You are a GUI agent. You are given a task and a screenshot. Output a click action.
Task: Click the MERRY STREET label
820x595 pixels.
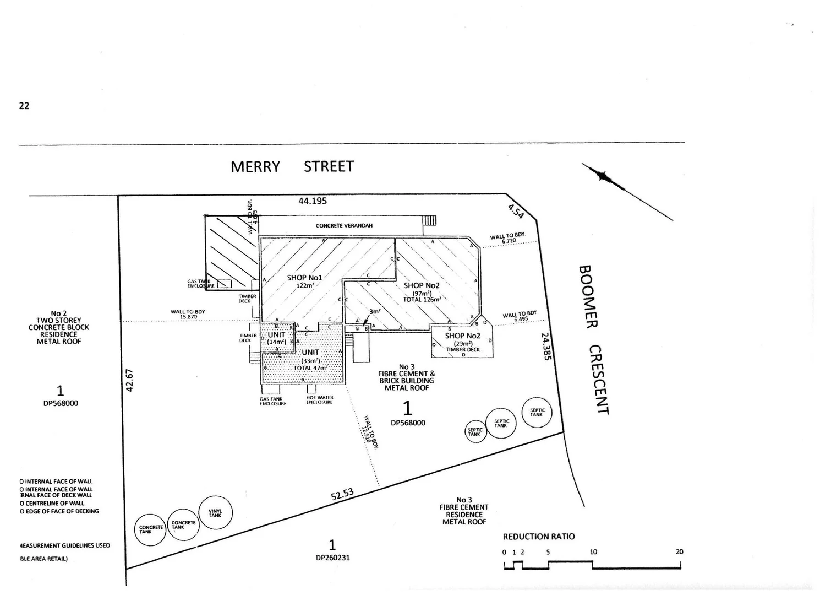pos(292,166)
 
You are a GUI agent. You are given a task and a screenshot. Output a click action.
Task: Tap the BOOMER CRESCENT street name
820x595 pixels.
pos(593,339)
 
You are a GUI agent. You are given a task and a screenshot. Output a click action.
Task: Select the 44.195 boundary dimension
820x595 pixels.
pos(313,201)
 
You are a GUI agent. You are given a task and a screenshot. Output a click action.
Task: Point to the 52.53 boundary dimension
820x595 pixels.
pos(342,494)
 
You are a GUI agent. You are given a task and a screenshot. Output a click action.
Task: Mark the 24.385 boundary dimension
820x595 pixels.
pos(545,346)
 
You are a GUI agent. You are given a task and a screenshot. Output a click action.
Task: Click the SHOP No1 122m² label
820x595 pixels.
pos(304,281)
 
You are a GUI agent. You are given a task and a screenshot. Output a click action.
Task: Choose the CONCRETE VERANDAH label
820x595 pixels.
pos(344,226)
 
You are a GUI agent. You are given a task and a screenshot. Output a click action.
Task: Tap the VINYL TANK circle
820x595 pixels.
pos(215,513)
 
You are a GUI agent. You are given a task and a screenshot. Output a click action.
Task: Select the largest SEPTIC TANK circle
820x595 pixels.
pos(537,412)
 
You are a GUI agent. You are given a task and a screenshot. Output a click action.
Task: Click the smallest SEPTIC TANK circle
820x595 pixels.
pos(474,432)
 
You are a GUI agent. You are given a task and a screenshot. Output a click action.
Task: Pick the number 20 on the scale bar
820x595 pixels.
pos(679,551)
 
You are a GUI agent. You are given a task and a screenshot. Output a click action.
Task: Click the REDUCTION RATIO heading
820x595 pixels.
pos(539,537)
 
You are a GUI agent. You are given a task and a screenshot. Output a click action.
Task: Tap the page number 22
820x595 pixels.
pos(24,106)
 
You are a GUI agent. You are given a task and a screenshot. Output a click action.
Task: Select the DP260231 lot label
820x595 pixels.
pos(332,557)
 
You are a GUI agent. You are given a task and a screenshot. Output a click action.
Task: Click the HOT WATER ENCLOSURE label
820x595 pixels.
pos(319,400)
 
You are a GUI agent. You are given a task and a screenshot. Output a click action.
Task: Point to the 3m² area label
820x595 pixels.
pos(375,311)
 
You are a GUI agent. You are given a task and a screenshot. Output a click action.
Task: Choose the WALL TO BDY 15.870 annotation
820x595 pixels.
pos(188,315)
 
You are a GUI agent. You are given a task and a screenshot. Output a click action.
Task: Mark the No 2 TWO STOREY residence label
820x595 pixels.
pos(59,327)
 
